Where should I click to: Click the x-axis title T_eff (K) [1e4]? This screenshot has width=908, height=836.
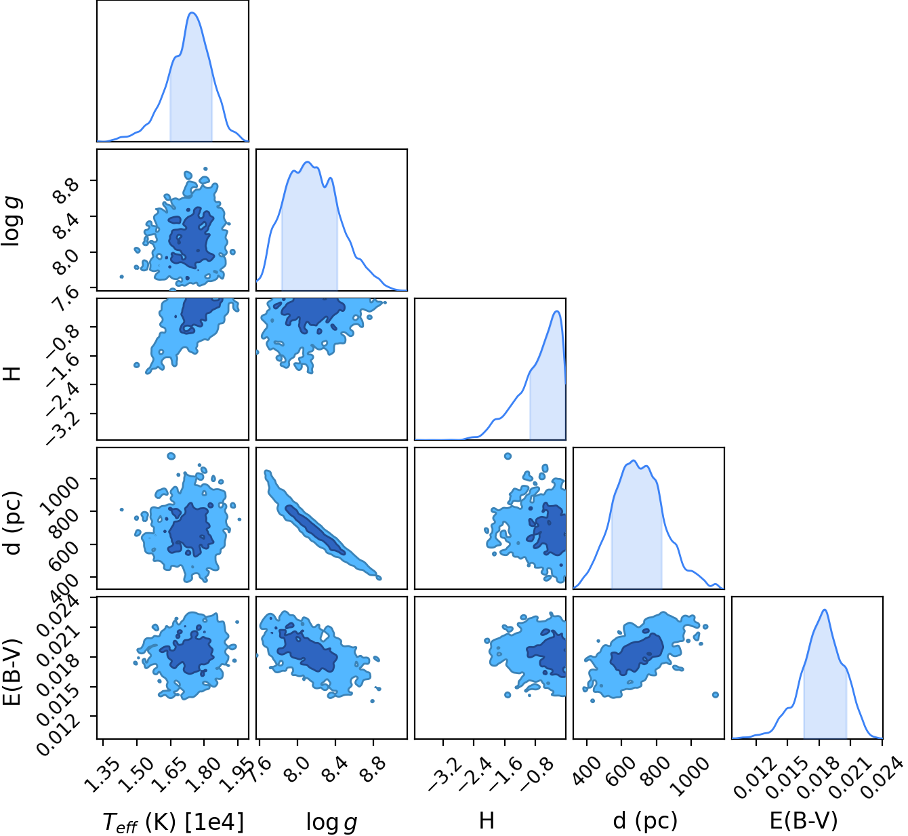coord(174,820)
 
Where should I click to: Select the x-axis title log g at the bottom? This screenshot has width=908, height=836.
coord(332,822)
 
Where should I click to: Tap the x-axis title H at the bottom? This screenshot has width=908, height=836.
coord(487,820)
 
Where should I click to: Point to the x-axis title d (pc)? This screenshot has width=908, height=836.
coord(645,820)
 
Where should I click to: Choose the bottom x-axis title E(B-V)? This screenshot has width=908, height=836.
coord(804,820)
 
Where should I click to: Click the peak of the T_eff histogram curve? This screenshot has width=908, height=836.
coord(192,13)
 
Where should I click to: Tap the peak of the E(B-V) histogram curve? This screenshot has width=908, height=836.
coord(825,610)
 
